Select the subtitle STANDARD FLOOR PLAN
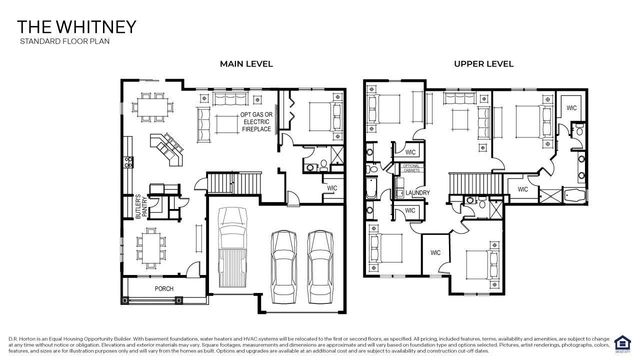pos(59,42)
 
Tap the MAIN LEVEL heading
pos(246,64)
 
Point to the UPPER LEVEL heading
pos(483,64)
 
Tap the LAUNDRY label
pos(417,193)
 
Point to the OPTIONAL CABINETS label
pos(411,169)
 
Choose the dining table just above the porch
pos(151,246)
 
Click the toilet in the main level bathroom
pos(308,166)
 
